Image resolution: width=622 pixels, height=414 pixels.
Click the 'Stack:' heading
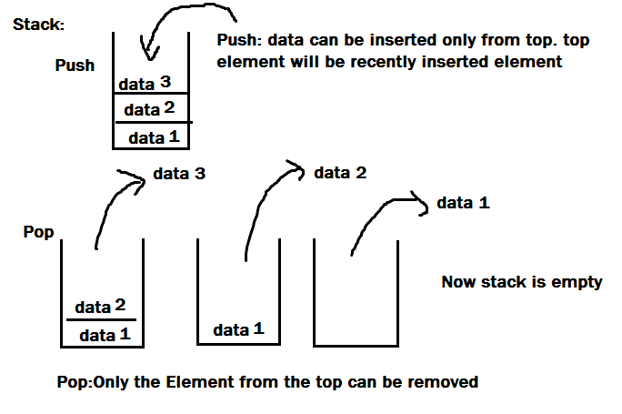38,25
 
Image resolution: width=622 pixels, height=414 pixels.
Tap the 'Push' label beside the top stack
75,66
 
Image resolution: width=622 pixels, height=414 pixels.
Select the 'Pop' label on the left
38,233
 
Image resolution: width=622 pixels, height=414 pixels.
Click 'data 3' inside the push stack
144,84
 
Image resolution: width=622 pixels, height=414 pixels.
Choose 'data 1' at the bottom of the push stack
153,137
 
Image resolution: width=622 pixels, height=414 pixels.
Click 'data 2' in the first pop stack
99,307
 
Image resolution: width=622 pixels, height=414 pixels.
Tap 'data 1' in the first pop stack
105,335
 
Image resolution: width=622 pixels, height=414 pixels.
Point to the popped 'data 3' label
178,173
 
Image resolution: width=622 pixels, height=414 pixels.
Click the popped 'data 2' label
339,172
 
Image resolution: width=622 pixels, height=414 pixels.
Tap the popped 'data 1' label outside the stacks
463,203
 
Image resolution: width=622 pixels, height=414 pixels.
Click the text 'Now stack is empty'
521,282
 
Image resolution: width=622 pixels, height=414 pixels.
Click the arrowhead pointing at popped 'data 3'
138,178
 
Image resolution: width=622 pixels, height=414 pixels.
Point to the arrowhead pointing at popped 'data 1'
421,205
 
